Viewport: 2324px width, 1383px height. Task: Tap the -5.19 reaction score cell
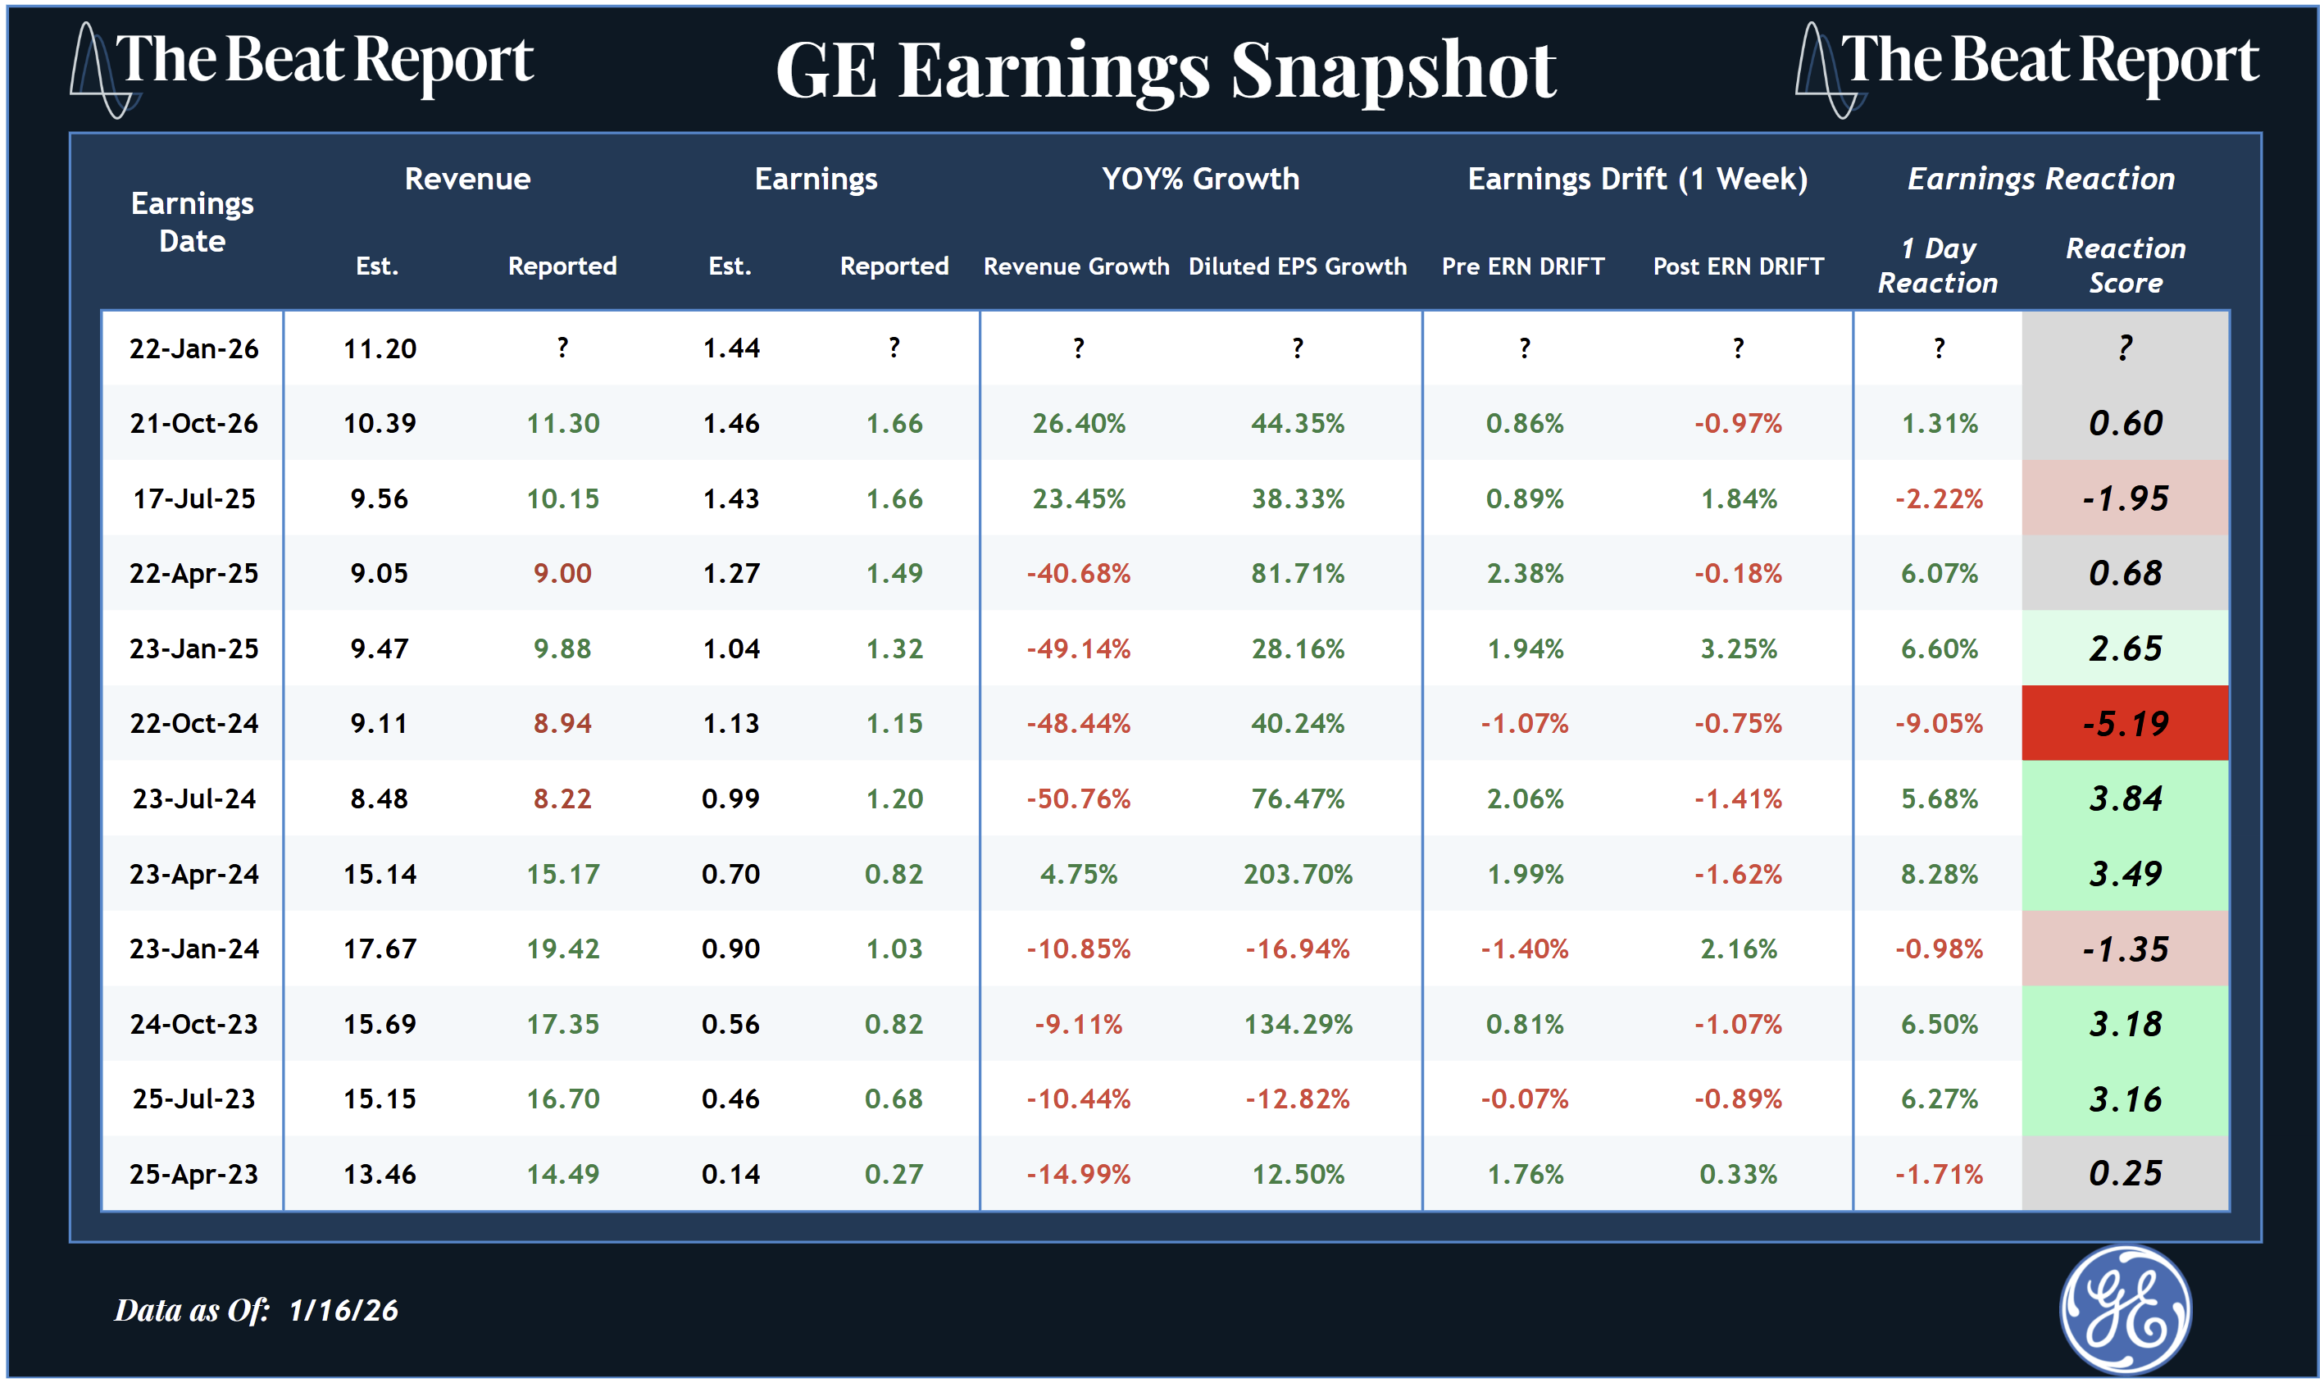[x=2125, y=723]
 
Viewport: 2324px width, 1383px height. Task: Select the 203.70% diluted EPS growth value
[x=1297, y=874]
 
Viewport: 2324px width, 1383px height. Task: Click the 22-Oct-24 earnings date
[x=193, y=723]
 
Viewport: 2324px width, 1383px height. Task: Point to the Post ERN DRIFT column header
[x=1738, y=266]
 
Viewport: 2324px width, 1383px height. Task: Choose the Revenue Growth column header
[x=1076, y=266]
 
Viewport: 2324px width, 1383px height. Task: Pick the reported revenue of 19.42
[x=563, y=949]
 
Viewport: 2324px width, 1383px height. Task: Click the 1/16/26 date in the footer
[x=343, y=1310]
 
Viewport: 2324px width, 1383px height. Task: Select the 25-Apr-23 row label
[x=193, y=1174]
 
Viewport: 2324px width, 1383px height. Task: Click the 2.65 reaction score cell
[x=2125, y=648]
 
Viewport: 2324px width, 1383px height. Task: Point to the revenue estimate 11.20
[x=380, y=348]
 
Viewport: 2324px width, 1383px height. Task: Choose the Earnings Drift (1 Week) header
[x=1637, y=178]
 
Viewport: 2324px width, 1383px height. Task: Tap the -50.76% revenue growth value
[x=1078, y=798]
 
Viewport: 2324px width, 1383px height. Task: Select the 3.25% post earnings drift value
[x=1738, y=648]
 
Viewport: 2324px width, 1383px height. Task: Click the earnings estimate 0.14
[x=730, y=1174]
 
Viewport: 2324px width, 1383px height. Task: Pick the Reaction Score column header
[x=2125, y=266]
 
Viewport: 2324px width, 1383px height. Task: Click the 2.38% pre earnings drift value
[x=1525, y=573]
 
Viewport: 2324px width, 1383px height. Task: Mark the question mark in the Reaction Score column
[x=2125, y=348]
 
